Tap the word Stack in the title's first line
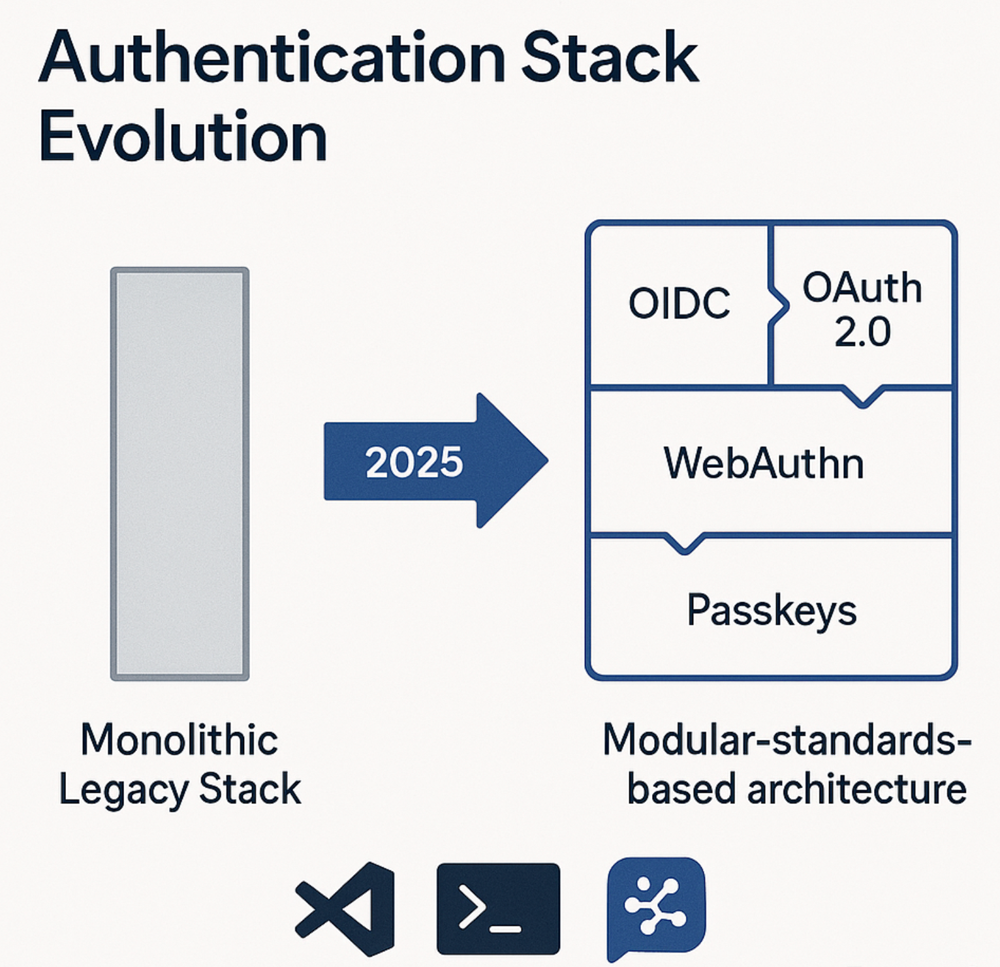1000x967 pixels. click(x=611, y=59)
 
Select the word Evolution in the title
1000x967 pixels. click(x=183, y=137)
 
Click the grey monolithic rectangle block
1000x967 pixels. click(x=180, y=474)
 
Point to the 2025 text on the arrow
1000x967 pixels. click(x=414, y=462)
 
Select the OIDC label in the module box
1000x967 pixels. click(x=679, y=303)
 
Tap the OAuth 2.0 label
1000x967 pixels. click(x=862, y=309)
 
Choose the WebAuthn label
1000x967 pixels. click(x=764, y=463)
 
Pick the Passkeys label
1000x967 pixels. click(x=772, y=611)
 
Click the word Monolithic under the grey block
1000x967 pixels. click(x=180, y=741)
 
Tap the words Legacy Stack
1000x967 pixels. click(x=180, y=790)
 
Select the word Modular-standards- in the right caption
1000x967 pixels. click(x=787, y=741)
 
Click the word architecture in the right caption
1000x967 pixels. click(x=856, y=790)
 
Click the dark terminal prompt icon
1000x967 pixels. click(x=498, y=908)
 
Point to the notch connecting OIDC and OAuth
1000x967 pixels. click(x=779, y=305)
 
